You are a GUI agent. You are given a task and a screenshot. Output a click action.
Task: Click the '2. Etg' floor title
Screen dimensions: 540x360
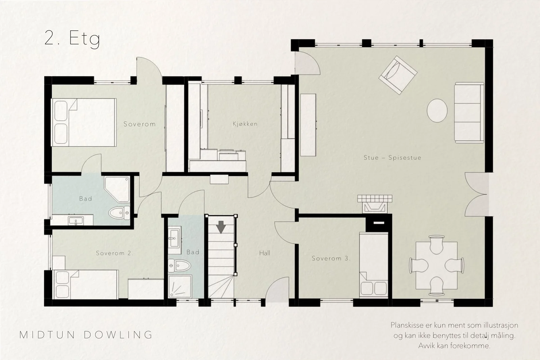(72, 38)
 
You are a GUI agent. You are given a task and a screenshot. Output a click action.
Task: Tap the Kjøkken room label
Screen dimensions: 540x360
(245, 124)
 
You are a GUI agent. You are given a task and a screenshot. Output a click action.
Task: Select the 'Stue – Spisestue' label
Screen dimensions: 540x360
(392, 158)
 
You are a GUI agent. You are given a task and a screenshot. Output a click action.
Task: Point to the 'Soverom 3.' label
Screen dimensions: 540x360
(331, 258)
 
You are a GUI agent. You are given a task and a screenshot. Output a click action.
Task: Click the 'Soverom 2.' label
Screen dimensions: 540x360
(114, 253)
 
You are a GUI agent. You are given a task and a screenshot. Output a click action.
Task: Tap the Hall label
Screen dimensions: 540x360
(265, 253)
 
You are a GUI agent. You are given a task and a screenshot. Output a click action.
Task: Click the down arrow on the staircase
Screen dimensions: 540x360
(221, 227)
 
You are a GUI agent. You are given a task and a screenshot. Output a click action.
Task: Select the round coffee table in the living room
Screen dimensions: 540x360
(437, 111)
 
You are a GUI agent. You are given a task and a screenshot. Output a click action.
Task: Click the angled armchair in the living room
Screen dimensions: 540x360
(398, 75)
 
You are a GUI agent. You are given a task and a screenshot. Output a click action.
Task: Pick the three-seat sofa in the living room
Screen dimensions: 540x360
(469, 113)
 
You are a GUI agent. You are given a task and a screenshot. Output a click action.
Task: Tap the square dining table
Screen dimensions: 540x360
(437, 266)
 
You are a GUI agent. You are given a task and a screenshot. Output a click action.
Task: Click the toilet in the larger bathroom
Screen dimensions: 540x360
(119, 213)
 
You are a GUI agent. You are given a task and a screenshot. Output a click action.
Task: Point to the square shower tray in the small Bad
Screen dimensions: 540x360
(180, 287)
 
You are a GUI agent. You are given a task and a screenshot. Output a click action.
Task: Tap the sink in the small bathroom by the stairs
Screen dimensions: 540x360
(174, 240)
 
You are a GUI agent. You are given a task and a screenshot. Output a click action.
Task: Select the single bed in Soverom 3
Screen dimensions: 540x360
(374, 265)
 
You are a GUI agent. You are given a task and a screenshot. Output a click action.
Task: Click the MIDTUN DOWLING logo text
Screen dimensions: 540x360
(86, 335)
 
